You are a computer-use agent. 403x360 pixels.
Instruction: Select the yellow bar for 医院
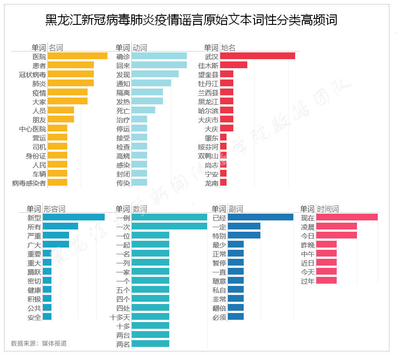[x=77, y=56]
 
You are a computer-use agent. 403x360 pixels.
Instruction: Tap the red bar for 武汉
[x=257, y=56]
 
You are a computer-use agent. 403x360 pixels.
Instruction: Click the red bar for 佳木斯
[x=233, y=65]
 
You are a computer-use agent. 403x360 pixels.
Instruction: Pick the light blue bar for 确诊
[x=159, y=56]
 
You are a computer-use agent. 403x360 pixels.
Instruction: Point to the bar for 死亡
[x=143, y=110]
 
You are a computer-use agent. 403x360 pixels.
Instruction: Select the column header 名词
[x=56, y=47]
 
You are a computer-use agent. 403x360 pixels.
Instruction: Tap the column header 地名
[x=228, y=47]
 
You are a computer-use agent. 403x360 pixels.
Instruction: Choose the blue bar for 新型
[x=74, y=217]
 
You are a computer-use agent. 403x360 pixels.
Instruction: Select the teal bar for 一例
[x=169, y=217]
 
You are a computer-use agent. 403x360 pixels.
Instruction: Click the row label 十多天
[x=120, y=317]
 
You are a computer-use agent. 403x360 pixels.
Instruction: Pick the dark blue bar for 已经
[x=260, y=217]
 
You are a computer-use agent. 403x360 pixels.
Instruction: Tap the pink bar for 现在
[x=347, y=217]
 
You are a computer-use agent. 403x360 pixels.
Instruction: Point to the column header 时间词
[x=328, y=209]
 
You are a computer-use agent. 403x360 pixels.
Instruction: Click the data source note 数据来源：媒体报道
[x=39, y=343]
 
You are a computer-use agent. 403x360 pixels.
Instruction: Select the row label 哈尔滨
[x=208, y=110]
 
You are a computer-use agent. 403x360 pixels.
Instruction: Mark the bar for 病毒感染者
[x=57, y=182]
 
